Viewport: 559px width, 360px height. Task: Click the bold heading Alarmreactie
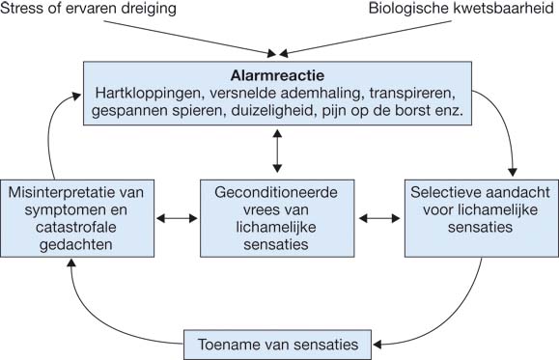[x=278, y=73]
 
